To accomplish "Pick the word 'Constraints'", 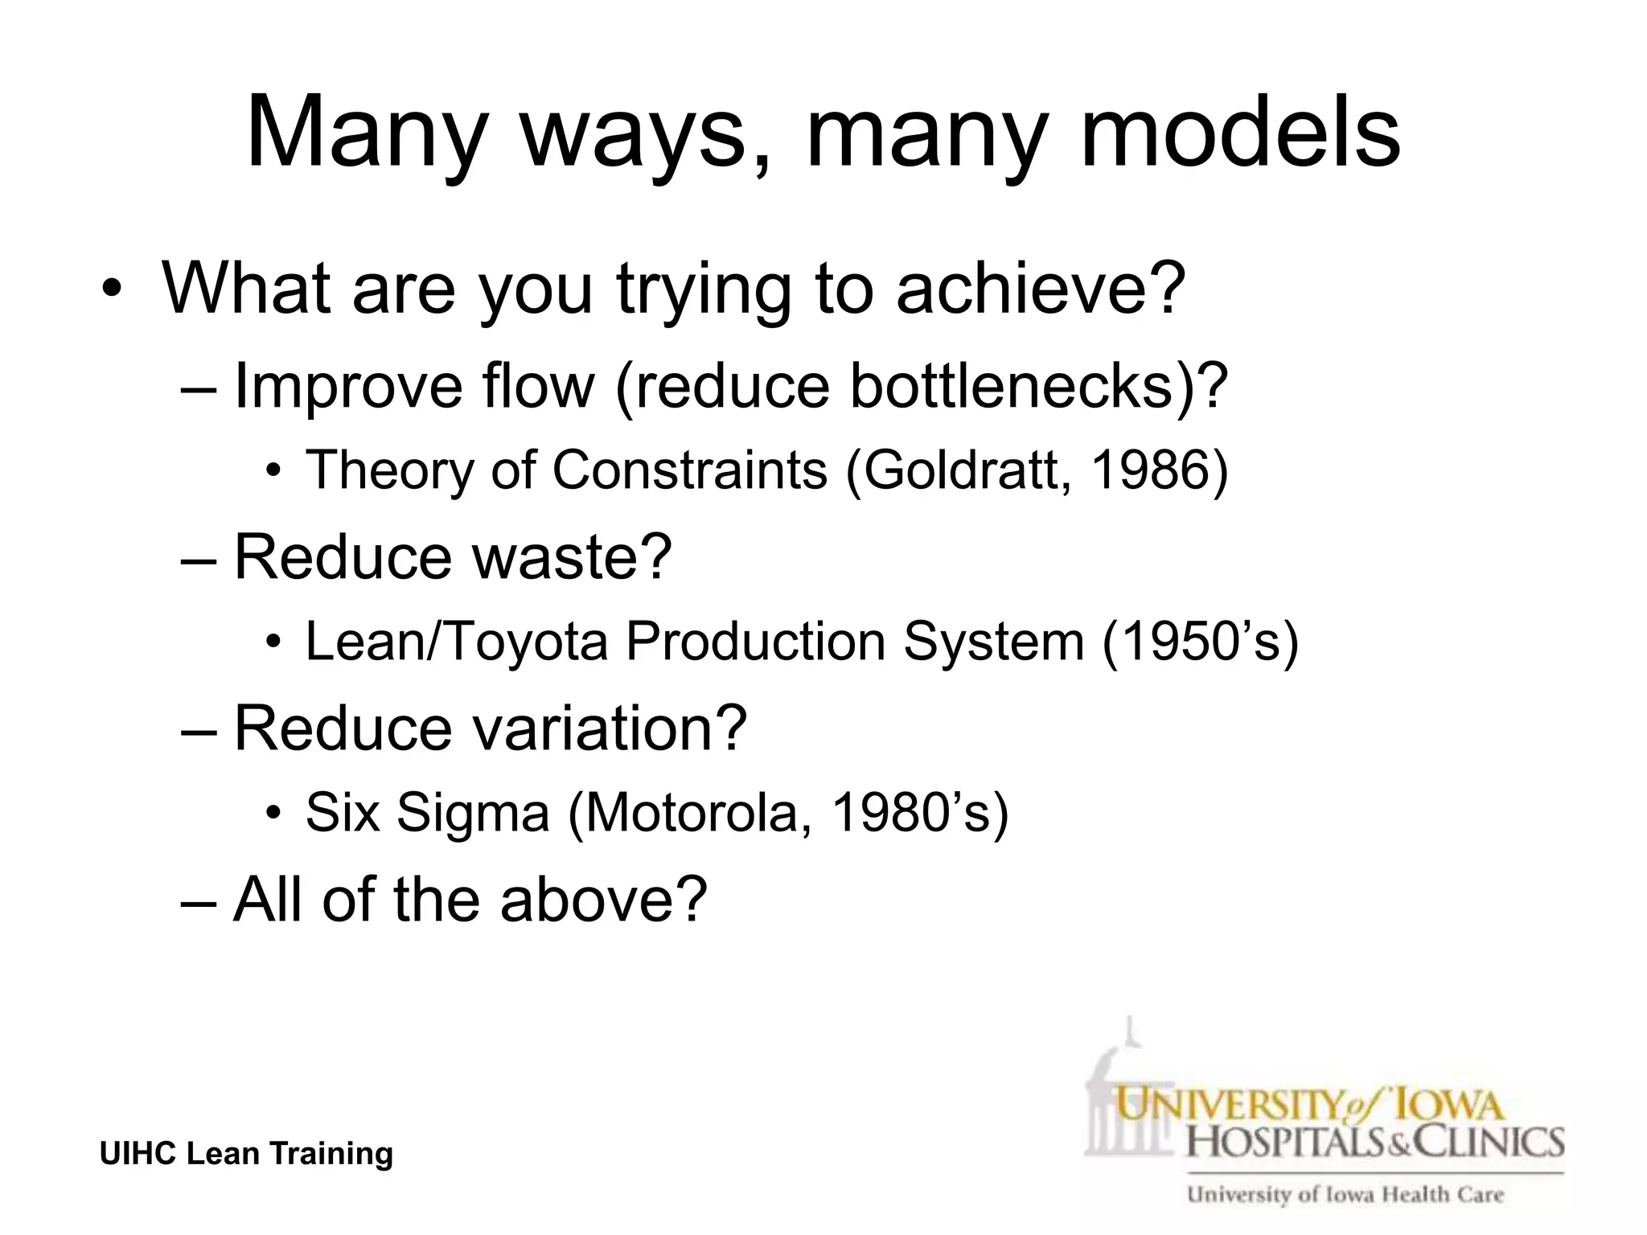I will point(690,470).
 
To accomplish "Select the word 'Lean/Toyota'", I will point(456,642).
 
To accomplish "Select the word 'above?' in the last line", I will point(603,899).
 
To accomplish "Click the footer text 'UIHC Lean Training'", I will point(246,1154).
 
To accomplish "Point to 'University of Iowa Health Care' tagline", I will point(1345,1195).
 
